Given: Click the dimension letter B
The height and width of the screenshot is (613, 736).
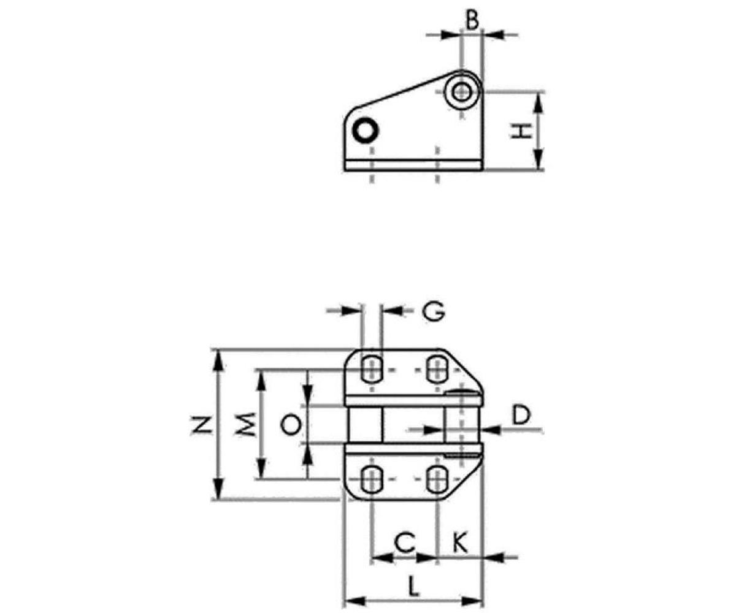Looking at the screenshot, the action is click(472, 20).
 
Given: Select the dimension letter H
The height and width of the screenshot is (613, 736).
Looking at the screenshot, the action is click(521, 131).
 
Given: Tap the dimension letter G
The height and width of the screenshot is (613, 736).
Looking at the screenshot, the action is click(434, 311).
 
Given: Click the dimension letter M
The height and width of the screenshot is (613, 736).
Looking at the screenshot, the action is click(246, 424).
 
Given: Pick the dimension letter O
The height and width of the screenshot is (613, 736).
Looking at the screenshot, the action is click(291, 425).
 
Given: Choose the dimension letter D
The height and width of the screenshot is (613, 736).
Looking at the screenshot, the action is click(521, 414).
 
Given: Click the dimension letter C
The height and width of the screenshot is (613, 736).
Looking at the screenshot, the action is click(405, 543).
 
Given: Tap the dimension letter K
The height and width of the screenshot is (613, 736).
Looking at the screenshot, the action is click(459, 543).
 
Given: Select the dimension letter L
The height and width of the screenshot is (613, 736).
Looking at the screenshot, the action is click(413, 586).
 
